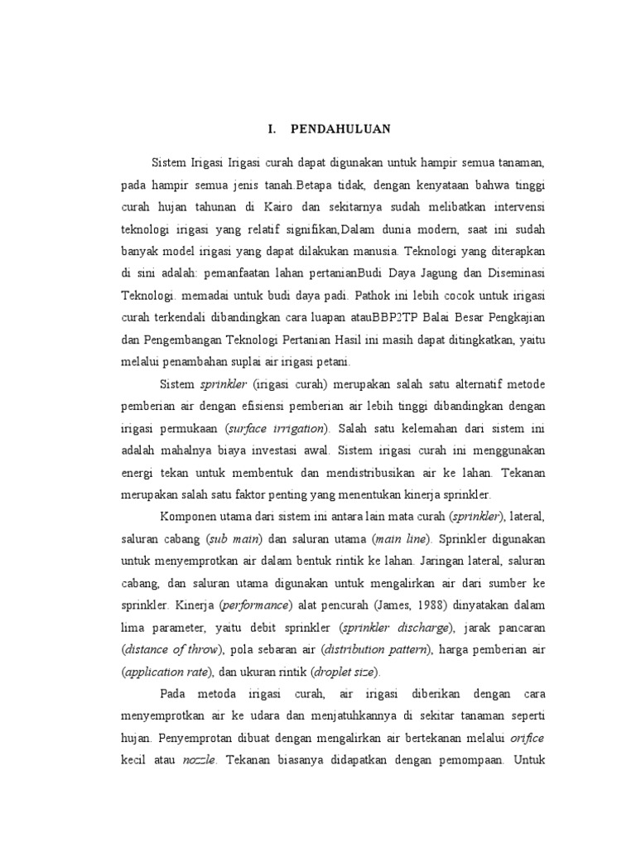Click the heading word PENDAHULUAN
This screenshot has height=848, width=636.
point(340,129)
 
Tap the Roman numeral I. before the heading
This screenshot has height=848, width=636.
point(271,129)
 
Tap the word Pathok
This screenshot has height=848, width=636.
point(381,295)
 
